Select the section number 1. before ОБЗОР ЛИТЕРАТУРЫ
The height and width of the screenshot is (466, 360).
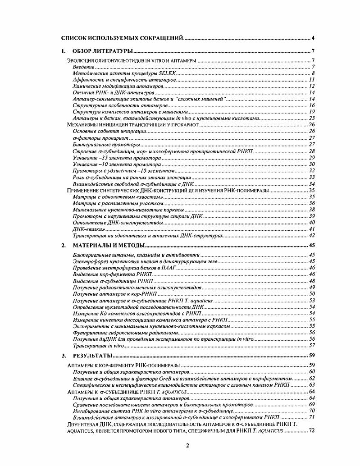tap(64, 51)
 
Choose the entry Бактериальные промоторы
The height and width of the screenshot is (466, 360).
tap(105, 144)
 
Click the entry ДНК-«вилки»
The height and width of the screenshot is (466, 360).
tap(86, 229)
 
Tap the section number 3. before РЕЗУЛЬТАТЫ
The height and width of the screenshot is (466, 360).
tap(64, 356)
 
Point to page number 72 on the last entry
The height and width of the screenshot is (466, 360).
tap(311, 430)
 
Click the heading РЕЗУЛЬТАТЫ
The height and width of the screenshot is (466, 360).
tap(92, 356)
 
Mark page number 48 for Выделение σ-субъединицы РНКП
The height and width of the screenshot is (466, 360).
tap(311, 281)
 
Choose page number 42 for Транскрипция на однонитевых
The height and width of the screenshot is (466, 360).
tap(311, 235)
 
